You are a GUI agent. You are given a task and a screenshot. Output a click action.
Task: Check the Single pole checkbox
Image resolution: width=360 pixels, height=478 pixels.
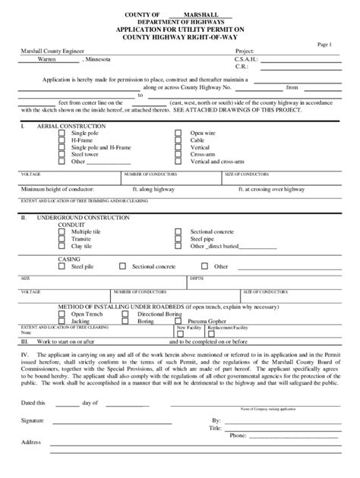coord(63,132)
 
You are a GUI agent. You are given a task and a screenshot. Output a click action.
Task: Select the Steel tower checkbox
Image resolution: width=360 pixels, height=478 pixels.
coord(63,154)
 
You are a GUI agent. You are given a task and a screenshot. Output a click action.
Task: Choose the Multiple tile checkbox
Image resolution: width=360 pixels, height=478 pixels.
coord(63,231)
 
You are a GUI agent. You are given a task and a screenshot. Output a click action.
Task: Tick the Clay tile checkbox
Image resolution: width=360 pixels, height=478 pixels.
coord(63,245)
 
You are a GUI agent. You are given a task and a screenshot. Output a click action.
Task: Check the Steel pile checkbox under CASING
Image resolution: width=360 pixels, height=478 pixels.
coord(63,267)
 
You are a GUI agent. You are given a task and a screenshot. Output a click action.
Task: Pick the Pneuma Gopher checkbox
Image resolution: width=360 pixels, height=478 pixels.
coord(178,321)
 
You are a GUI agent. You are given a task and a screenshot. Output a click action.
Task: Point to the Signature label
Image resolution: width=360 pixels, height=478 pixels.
coord(33,419)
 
